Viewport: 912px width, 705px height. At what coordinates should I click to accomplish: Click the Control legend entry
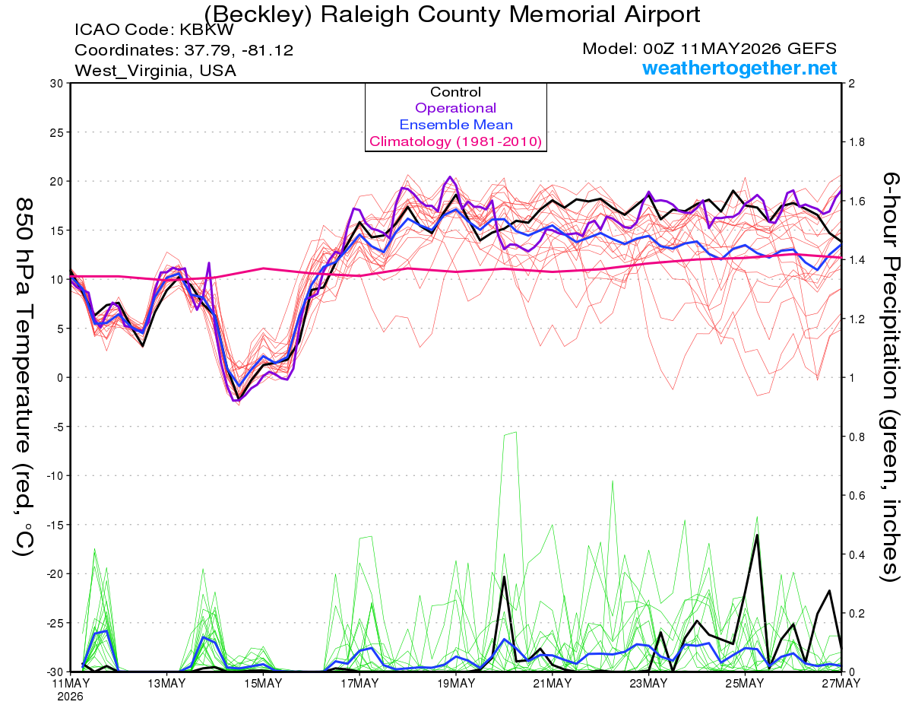point(455,92)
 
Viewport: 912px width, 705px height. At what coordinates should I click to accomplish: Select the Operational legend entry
point(455,108)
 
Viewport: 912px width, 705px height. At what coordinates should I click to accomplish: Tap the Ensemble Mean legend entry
point(456,125)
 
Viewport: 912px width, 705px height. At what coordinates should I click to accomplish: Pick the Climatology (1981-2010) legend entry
point(455,141)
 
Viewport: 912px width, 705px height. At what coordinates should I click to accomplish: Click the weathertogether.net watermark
point(739,68)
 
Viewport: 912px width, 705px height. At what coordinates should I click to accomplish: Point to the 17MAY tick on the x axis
point(359,683)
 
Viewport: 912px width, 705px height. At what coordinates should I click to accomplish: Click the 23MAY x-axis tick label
point(648,683)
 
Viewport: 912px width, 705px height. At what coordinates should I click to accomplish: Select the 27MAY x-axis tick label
point(841,683)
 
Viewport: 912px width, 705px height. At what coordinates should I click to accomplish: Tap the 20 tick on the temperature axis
point(56,182)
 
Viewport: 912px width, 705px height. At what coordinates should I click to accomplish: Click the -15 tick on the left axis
point(54,525)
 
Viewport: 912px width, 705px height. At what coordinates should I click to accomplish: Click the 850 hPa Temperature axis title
point(24,376)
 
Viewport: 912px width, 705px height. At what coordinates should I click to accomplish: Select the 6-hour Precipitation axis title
point(890,376)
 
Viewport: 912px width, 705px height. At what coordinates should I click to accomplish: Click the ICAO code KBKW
point(207,30)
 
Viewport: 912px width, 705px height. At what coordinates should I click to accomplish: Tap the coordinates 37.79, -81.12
point(239,50)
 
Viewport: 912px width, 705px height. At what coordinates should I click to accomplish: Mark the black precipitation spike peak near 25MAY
point(757,535)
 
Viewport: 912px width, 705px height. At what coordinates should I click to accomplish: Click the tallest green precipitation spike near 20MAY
point(515,432)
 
